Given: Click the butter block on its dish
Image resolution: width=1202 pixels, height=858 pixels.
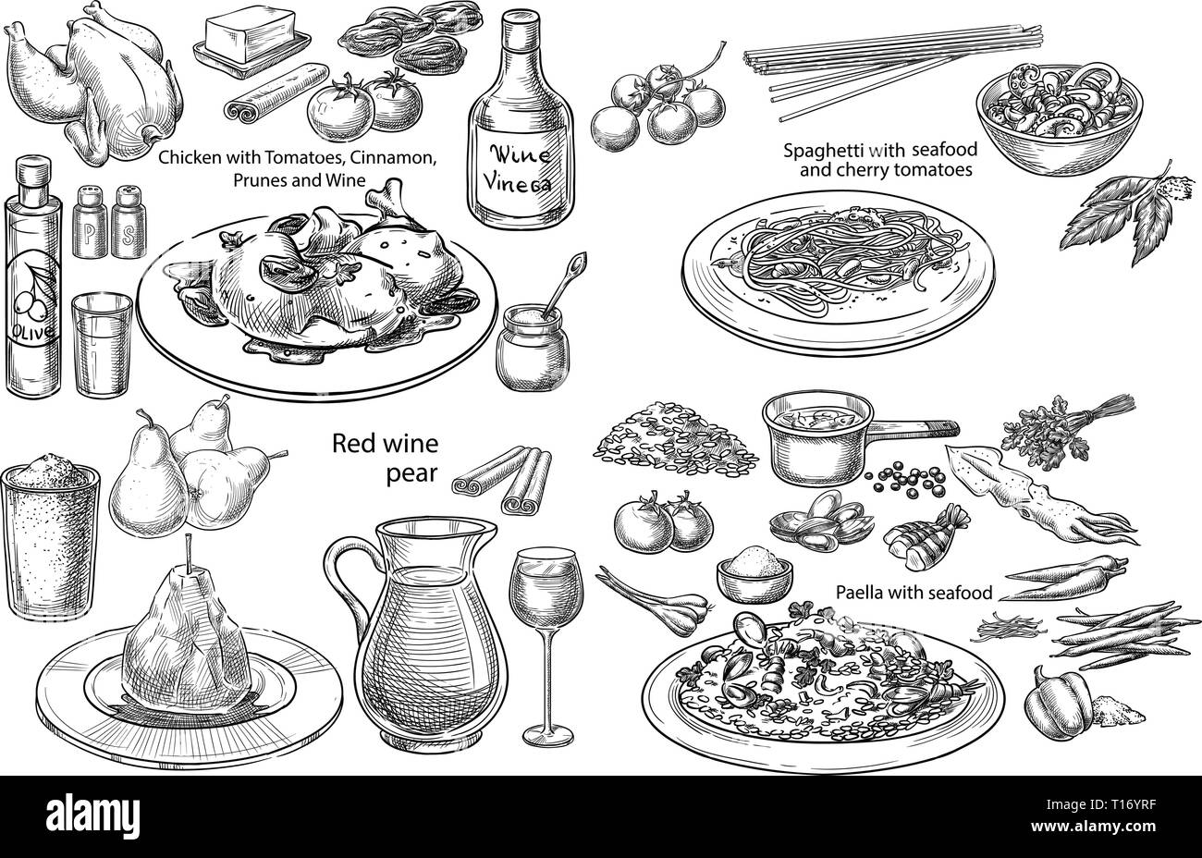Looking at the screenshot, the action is [x=251, y=35].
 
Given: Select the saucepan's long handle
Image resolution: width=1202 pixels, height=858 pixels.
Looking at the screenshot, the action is [x=914, y=428].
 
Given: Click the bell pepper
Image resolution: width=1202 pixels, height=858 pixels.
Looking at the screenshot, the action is [x=1058, y=704].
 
